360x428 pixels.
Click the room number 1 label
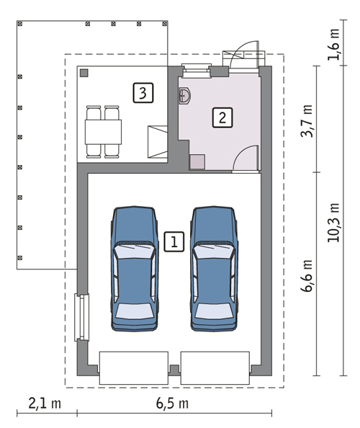[174, 241]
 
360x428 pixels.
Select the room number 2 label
[222, 117]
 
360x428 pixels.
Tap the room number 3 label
[143, 93]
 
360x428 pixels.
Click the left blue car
[135, 269]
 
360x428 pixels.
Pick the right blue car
[214, 269]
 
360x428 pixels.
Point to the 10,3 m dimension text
[334, 223]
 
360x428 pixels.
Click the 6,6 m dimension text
[307, 276]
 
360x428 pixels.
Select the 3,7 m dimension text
[307, 121]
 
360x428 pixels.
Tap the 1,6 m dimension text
[334, 45]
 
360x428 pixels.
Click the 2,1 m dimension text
[45, 404]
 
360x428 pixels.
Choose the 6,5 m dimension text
[172, 404]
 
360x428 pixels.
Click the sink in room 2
[184, 96]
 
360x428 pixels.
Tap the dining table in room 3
[104, 132]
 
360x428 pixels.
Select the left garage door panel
[134, 368]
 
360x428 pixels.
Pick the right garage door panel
[215, 368]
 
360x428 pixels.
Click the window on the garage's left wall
[82, 318]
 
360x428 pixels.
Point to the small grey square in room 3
[84, 73]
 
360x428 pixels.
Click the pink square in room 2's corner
[197, 161]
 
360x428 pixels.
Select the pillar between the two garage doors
[174, 370]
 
